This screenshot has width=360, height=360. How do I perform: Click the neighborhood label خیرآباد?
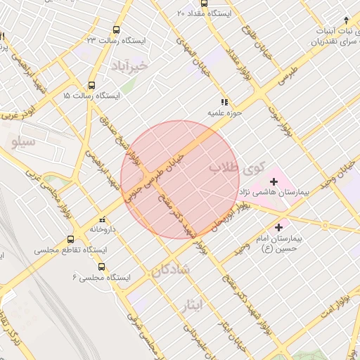point(131,65)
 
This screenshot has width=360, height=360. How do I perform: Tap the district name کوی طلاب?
point(237,169)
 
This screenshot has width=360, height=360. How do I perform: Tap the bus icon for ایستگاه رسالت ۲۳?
point(116,30)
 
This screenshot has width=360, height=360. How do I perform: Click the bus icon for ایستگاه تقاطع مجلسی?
point(70,239)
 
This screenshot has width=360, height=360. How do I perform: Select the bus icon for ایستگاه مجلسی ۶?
point(102,266)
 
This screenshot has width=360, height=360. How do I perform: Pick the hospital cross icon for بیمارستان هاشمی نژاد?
point(274,181)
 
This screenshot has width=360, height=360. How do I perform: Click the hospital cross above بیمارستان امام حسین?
point(279,227)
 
